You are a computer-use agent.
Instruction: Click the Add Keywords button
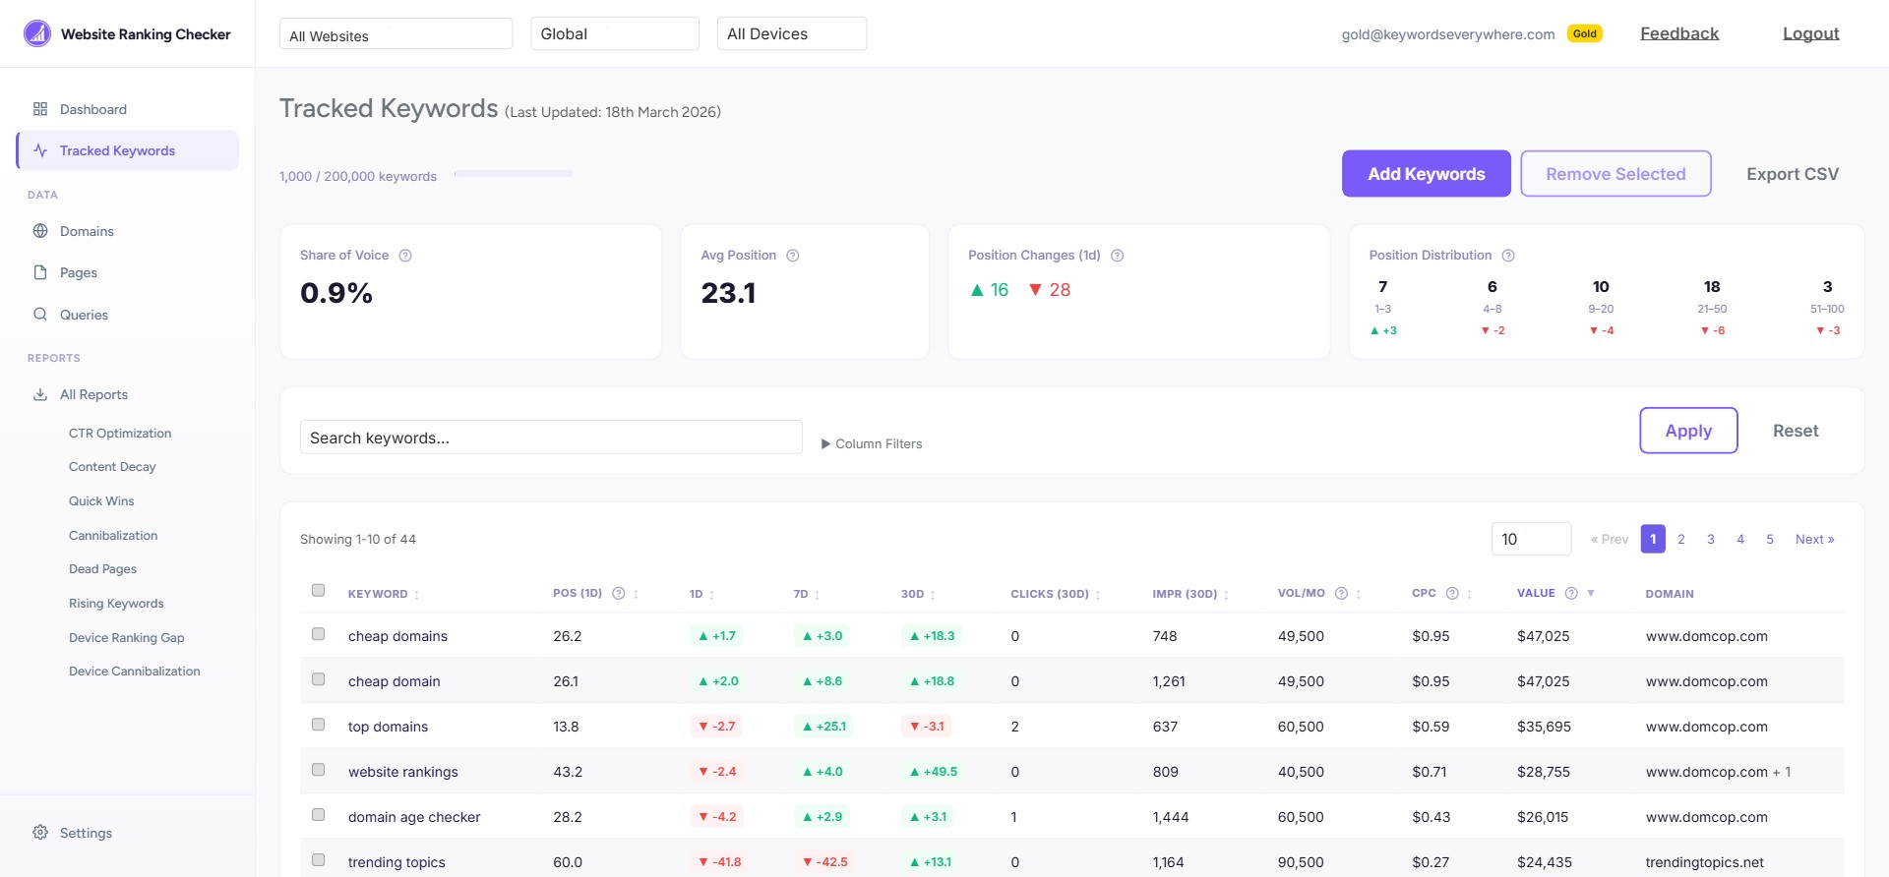pyautogui.click(x=1426, y=174)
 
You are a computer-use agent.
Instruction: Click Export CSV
pyautogui.click(x=1792, y=174)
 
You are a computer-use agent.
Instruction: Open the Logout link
pyautogui.click(x=1810, y=33)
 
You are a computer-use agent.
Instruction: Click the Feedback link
pyautogui.click(x=1679, y=33)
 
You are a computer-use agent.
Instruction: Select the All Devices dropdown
pyautogui.click(x=791, y=33)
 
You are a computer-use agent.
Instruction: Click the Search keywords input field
pyautogui.click(x=551, y=438)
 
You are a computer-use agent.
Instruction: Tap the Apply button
pyautogui.click(x=1688, y=431)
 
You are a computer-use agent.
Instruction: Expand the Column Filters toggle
pyautogui.click(x=872, y=443)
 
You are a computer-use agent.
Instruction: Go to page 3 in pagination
pyautogui.click(x=1711, y=539)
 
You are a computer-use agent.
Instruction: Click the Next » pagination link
pyautogui.click(x=1814, y=539)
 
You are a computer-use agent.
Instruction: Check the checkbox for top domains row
pyautogui.click(x=319, y=725)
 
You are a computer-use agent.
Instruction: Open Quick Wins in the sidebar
pyautogui.click(x=101, y=500)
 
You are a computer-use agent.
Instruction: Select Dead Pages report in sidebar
pyautogui.click(x=102, y=569)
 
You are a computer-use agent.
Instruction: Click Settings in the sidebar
pyautogui.click(x=86, y=833)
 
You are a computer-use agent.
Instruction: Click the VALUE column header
pyautogui.click(x=1536, y=593)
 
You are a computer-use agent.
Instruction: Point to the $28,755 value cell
pyautogui.click(x=1544, y=772)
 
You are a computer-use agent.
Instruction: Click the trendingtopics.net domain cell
pyautogui.click(x=1704, y=862)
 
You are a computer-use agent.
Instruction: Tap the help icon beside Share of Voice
pyautogui.click(x=405, y=256)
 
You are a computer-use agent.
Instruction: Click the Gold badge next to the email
pyautogui.click(x=1584, y=33)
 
